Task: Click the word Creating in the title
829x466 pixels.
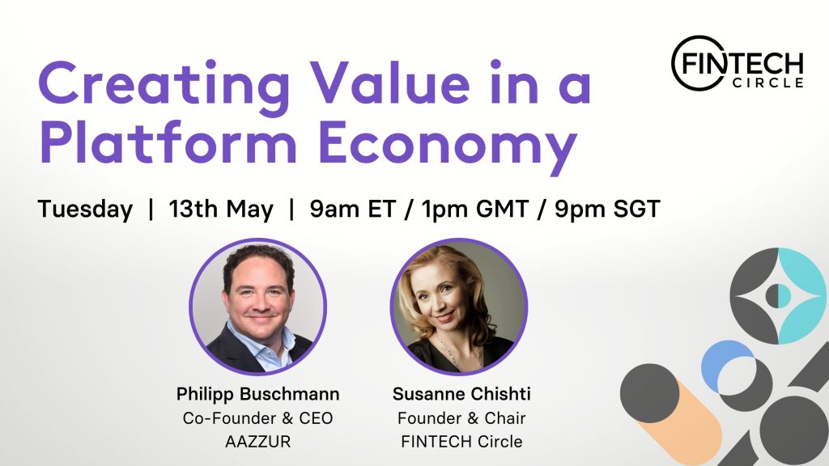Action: [x=164, y=84]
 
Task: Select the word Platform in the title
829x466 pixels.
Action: [x=168, y=142]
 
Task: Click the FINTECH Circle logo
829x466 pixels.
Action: [x=738, y=63]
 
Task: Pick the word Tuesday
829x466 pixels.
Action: [x=85, y=210]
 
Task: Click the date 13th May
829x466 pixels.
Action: [x=221, y=210]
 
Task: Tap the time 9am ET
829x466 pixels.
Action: [x=353, y=209]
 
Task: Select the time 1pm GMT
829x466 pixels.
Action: [x=474, y=209]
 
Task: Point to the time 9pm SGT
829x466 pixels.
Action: [x=607, y=209]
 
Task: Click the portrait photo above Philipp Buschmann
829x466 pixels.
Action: [x=258, y=307]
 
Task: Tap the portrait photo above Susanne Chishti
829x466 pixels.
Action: [x=459, y=307]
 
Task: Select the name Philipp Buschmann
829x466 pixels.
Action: [x=258, y=394]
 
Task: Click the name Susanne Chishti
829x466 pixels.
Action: [x=461, y=394]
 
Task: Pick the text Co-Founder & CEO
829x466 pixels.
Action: [x=258, y=418]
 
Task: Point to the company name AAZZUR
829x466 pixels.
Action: [x=258, y=441]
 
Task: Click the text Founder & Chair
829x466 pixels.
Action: [x=461, y=418]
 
